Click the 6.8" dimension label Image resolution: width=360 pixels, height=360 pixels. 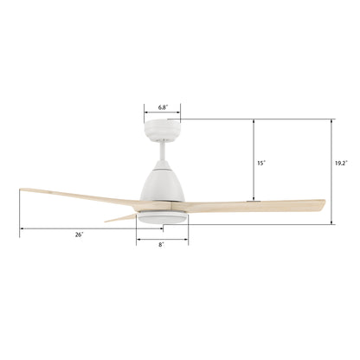(x=163, y=107)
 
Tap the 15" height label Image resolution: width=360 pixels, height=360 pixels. (x=260, y=161)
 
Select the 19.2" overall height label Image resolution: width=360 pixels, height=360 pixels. (x=343, y=161)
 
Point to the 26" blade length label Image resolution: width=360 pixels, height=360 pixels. (x=79, y=235)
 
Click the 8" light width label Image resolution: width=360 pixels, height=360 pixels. (x=162, y=246)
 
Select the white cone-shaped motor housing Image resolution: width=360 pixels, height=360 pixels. (x=162, y=185)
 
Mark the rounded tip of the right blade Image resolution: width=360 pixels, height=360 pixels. (x=322, y=206)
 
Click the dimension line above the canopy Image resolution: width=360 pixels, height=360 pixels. (x=163, y=114)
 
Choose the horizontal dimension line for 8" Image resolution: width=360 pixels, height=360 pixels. (x=162, y=239)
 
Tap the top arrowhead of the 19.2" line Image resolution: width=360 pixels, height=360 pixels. (x=331, y=122)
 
